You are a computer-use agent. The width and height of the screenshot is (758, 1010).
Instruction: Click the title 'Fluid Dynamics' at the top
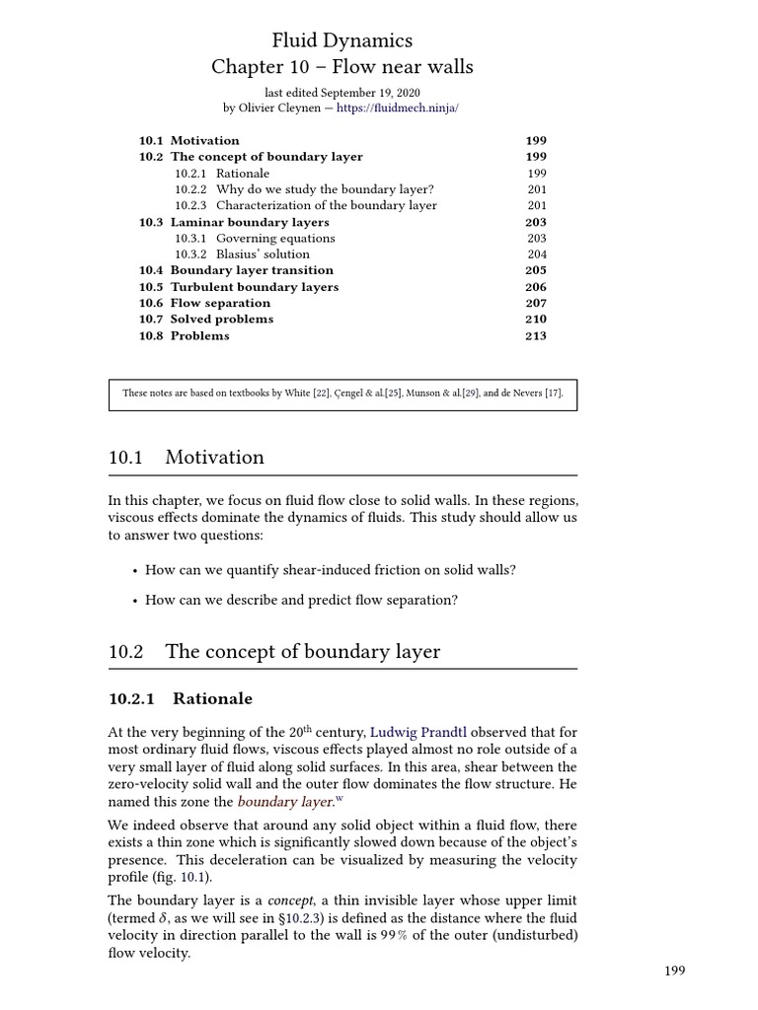[x=341, y=40]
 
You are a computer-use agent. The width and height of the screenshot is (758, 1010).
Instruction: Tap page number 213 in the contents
[x=535, y=335]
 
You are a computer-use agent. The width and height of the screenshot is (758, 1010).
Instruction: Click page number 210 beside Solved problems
[x=535, y=320]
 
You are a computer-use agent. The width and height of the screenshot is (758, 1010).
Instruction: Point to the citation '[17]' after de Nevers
[x=553, y=394]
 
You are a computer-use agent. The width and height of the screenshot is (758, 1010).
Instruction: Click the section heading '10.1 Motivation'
[x=187, y=458]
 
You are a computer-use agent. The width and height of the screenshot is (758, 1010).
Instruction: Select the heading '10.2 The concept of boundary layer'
[x=274, y=652]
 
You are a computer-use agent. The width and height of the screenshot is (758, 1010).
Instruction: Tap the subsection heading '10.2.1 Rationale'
[x=181, y=699]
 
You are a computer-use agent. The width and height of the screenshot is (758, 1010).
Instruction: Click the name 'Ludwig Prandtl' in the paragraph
[x=417, y=733]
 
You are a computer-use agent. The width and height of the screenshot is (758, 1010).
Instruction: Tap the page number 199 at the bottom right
[x=674, y=972]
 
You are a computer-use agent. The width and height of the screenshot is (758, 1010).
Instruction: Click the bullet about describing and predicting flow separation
[x=301, y=600]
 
